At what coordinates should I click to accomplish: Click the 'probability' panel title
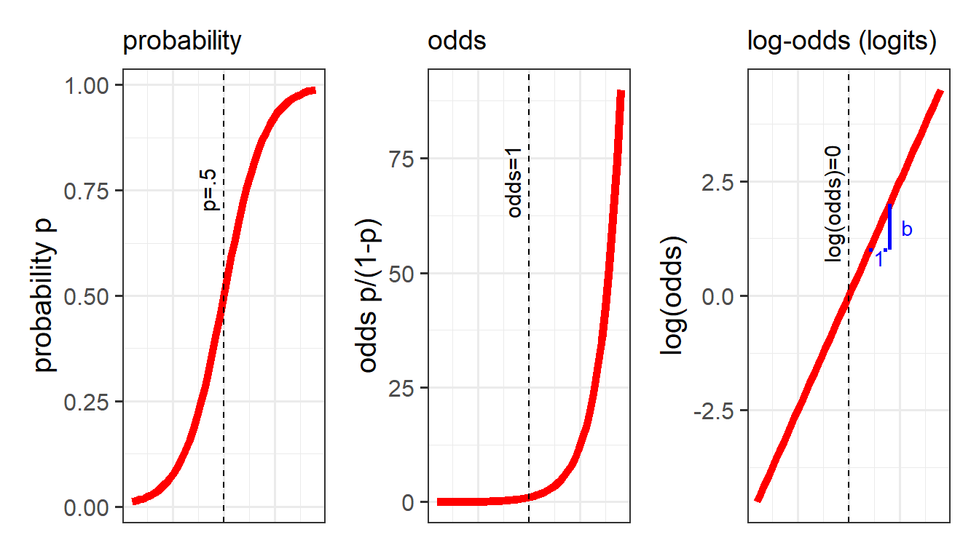(x=181, y=41)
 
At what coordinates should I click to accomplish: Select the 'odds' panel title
(x=457, y=41)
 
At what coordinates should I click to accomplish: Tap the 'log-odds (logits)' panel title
(x=841, y=41)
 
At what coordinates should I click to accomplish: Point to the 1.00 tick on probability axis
(x=87, y=86)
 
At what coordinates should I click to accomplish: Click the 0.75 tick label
(x=87, y=191)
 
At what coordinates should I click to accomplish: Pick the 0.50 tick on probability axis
(x=87, y=296)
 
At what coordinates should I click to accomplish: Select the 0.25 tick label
(x=87, y=402)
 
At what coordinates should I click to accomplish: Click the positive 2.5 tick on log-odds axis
(x=717, y=182)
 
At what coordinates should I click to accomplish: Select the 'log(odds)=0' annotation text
(x=833, y=203)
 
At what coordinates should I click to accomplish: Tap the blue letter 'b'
(x=907, y=230)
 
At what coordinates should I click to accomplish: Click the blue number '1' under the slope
(x=879, y=260)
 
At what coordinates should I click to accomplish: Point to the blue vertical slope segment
(x=890, y=227)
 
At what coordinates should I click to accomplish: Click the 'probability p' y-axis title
(x=45, y=296)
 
